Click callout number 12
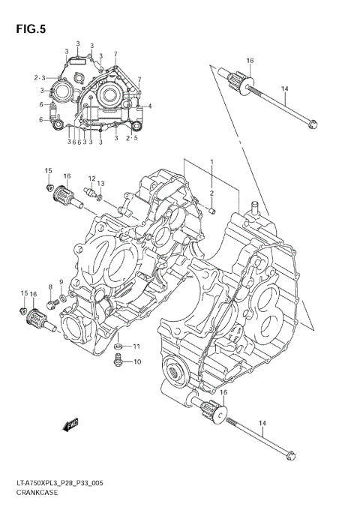point(91,178)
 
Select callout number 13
point(101,184)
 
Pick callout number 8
point(50,287)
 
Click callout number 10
point(137,362)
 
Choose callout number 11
point(136,346)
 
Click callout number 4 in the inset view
point(150,106)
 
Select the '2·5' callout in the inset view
point(132,139)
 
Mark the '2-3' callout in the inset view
point(40,77)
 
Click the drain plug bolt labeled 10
point(118,362)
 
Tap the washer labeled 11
point(118,347)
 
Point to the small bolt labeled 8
point(52,303)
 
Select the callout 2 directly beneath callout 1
point(211,193)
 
